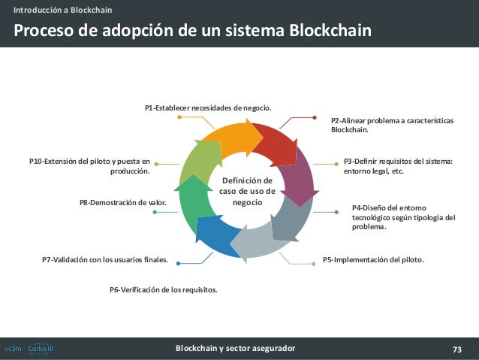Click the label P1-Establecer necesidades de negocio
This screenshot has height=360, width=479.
pos(208,108)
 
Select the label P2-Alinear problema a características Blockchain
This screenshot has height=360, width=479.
pos(392,125)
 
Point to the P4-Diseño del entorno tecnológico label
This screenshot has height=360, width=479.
pos(404,217)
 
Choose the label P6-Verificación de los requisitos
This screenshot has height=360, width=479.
pos(164,289)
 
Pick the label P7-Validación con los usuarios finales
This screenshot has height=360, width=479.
pos(105,260)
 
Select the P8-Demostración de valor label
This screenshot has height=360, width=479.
pos(122,202)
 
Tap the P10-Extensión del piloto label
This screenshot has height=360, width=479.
pos(89,165)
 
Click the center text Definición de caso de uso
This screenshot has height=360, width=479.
pos(247,192)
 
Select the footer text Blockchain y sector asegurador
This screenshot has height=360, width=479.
pos(235,349)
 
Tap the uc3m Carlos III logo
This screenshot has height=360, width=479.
pos(29,349)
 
